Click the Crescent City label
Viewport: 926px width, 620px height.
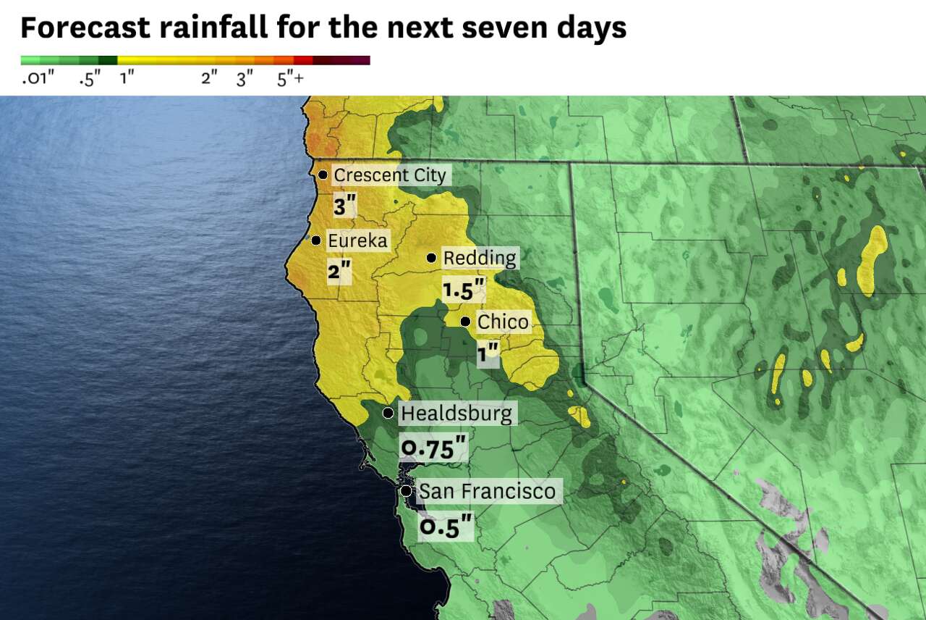[391, 175]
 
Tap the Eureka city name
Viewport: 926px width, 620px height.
[357, 240]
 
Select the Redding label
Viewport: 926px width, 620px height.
[480, 258]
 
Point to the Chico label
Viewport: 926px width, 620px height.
[503, 322]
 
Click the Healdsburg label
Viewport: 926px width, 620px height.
[456, 414]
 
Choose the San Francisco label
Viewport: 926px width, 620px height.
[487, 491]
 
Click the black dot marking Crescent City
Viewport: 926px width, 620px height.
[323, 175]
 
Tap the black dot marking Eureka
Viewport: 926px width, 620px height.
[316, 240]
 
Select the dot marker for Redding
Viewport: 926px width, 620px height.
[431, 257]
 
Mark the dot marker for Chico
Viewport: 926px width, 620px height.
[465, 321]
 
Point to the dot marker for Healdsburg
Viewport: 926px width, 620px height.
[388, 413]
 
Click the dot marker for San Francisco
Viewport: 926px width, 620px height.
[407, 491]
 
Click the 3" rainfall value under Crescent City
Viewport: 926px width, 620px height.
[344, 206]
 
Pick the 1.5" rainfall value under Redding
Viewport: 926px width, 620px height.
[463, 291]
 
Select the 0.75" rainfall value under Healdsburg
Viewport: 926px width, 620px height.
[433, 449]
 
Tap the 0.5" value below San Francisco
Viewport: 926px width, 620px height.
[446, 527]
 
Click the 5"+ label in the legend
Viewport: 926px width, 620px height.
[290, 79]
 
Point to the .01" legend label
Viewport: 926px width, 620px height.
[38, 79]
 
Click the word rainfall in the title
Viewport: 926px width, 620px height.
[218, 28]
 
